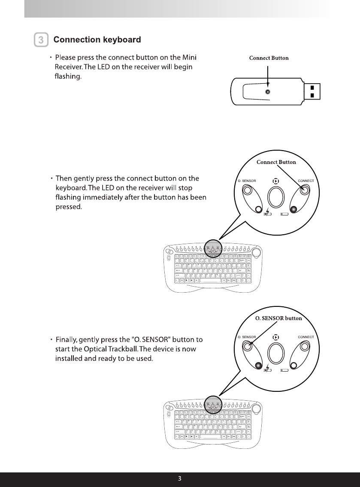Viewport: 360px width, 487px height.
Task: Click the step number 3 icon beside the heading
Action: click(x=41, y=40)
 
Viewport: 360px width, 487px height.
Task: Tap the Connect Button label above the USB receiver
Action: click(x=269, y=58)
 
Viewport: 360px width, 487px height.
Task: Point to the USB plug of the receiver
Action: click(x=312, y=91)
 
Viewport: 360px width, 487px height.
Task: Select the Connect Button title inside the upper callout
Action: click(x=276, y=162)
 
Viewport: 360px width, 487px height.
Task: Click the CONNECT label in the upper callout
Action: click(x=306, y=181)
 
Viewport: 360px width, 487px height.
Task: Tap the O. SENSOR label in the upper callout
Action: click(x=247, y=181)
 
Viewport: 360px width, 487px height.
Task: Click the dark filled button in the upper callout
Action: click(x=293, y=209)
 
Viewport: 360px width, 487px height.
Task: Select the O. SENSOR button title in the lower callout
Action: click(x=278, y=318)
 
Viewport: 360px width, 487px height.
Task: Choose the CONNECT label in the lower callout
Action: click(x=306, y=337)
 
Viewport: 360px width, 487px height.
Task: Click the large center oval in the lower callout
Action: click(x=276, y=353)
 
